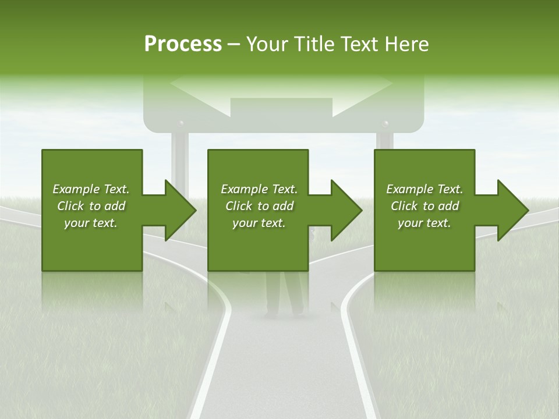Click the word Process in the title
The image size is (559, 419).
(183, 44)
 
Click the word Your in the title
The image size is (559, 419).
(266, 44)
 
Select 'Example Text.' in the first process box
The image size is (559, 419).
(91, 189)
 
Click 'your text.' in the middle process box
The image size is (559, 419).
(259, 223)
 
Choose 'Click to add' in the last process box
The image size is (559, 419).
(425, 206)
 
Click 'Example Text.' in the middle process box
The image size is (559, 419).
(259, 189)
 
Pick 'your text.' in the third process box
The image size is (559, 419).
(424, 223)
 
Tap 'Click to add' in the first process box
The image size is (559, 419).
(91, 206)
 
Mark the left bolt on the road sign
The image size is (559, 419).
(181, 124)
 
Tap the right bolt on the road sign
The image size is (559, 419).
(384, 124)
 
